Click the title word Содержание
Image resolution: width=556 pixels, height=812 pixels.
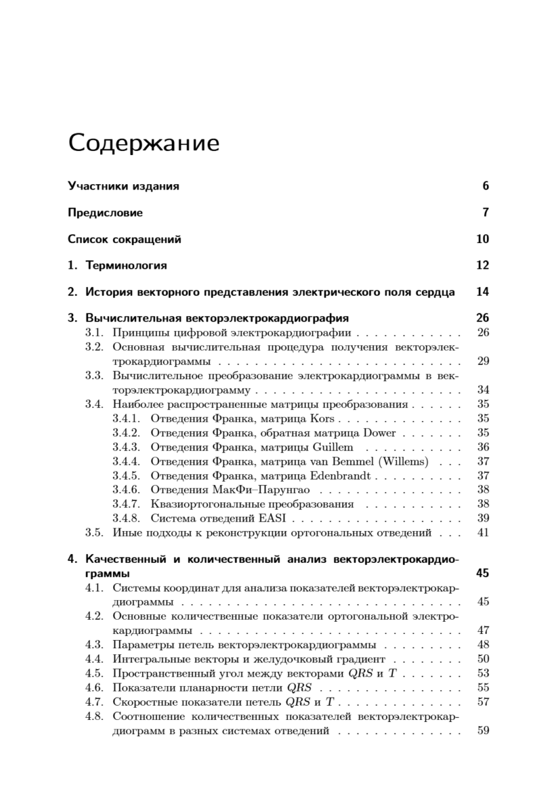click(143, 143)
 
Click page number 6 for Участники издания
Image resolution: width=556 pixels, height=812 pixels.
click(485, 186)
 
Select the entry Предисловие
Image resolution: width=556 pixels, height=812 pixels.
click(105, 212)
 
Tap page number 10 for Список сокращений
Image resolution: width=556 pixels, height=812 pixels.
click(482, 239)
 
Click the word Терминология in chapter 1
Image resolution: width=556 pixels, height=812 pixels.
click(126, 265)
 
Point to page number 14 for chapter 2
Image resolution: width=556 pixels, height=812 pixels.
click(482, 292)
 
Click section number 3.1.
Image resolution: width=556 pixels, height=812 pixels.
click(94, 332)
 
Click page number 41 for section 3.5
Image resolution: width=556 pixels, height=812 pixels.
click(482, 533)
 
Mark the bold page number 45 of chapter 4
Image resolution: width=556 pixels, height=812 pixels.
click(482, 573)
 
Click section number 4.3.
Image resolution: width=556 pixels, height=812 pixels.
click(94, 644)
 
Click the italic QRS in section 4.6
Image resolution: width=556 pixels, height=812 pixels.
click(298, 687)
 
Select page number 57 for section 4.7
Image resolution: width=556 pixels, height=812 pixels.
click(482, 701)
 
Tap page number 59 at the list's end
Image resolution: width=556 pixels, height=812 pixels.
click(482, 731)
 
